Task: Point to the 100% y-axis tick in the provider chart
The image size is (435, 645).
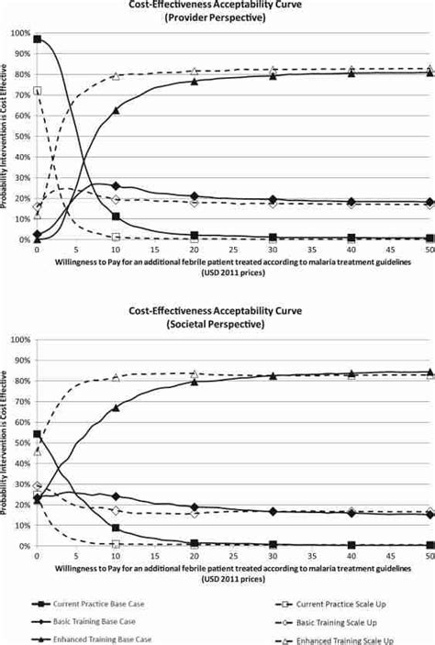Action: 17,33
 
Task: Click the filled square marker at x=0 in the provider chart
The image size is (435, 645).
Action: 37,39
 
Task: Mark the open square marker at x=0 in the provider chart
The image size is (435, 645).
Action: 37,91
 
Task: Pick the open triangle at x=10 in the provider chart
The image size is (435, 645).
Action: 116,76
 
